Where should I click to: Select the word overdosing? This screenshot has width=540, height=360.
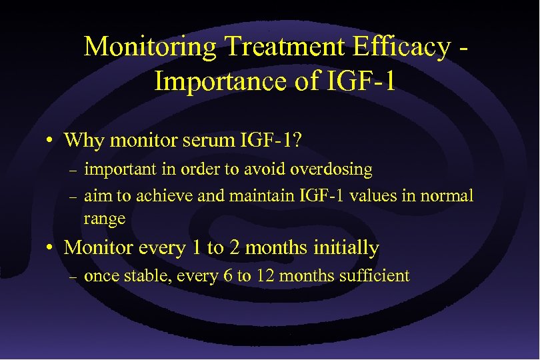[x=331, y=169]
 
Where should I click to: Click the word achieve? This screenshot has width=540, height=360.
[x=159, y=196]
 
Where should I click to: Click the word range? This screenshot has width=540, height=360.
[x=104, y=218]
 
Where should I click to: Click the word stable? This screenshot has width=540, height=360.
[x=148, y=276]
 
